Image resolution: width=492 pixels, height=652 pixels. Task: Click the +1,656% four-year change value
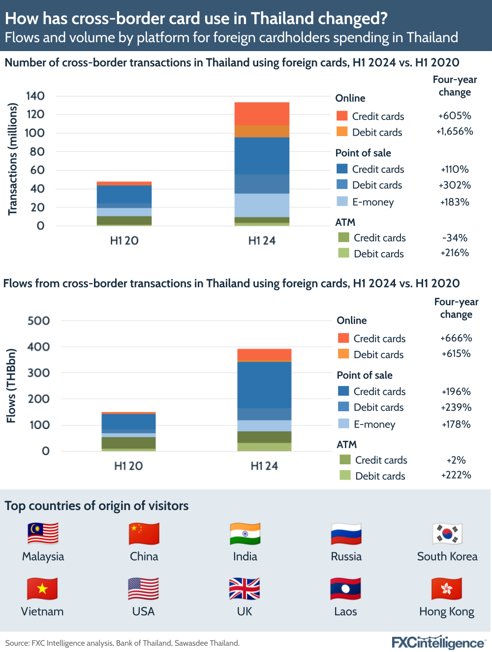pyautogui.click(x=455, y=132)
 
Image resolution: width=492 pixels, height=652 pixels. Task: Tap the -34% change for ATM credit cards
pyautogui.click(x=455, y=238)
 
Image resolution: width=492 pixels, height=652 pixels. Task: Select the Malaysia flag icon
pyautogui.click(x=43, y=534)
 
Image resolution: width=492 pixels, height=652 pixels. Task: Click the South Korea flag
pyautogui.click(x=447, y=534)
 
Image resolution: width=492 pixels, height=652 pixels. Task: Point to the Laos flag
pyautogui.click(x=345, y=589)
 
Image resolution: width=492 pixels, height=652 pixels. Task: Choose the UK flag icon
pyautogui.click(x=245, y=589)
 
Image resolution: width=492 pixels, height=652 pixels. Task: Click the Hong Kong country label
pyautogui.click(x=447, y=612)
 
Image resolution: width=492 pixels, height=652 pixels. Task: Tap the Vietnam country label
pyautogui.click(x=42, y=612)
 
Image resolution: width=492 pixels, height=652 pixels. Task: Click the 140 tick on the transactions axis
pyautogui.click(x=35, y=96)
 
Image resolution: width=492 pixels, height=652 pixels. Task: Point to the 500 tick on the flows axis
pyautogui.click(x=38, y=321)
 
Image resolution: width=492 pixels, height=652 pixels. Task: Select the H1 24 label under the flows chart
pyautogui.click(x=264, y=466)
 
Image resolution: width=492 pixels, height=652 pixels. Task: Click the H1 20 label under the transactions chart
pyautogui.click(x=124, y=241)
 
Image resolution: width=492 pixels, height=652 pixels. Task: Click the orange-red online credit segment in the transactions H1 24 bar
pyautogui.click(x=262, y=113)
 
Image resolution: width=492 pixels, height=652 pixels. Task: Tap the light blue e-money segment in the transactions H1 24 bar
pyautogui.click(x=262, y=205)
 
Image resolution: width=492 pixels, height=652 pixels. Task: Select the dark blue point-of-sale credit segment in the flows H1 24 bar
pyautogui.click(x=264, y=385)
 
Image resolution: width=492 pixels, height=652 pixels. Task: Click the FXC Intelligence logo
pyautogui.click(x=438, y=642)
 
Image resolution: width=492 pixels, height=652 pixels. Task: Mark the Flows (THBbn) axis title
pyautogui.click(x=11, y=386)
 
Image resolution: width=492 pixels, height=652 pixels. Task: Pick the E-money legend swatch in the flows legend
pyautogui.click(x=344, y=424)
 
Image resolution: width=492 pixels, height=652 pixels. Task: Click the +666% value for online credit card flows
pyautogui.click(x=456, y=338)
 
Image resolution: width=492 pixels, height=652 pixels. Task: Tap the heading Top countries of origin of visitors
pyautogui.click(x=96, y=506)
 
